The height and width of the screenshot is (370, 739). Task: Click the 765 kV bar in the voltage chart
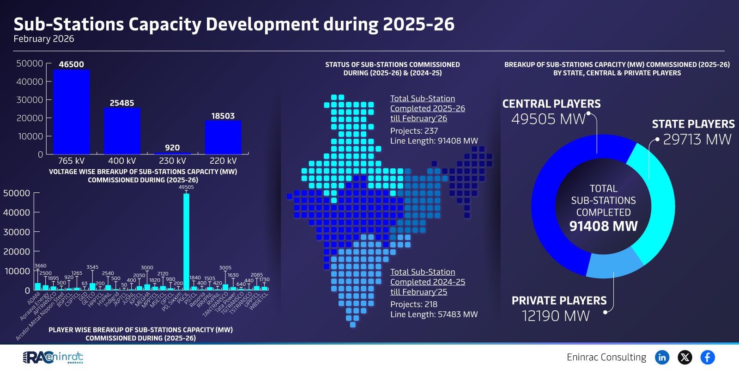pos(71,112)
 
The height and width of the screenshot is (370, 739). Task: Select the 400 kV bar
pos(122,131)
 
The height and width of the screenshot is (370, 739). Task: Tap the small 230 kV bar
pos(172,153)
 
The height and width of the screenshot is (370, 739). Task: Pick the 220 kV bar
pos(223,137)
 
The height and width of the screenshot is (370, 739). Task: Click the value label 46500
pos(71,64)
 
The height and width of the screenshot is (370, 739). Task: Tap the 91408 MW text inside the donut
pos(603,226)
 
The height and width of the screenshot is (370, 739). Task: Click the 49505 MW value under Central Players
pos(548,119)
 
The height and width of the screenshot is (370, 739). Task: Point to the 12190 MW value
pos(556,316)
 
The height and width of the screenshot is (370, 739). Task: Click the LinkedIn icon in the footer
pos(662,357)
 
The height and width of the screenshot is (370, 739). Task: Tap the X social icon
pos(685,357)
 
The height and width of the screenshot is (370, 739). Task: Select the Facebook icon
pos(708,357)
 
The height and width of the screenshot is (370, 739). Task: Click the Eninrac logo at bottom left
pos(53,357)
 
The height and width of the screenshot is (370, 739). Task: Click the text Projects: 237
pos(414,131)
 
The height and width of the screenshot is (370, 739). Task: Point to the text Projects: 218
pos(414,304)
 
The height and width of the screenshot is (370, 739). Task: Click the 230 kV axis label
pos(172,161)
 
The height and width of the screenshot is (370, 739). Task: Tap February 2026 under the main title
pos(44,39)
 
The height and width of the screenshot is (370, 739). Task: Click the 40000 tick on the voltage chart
pos(30,82)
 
